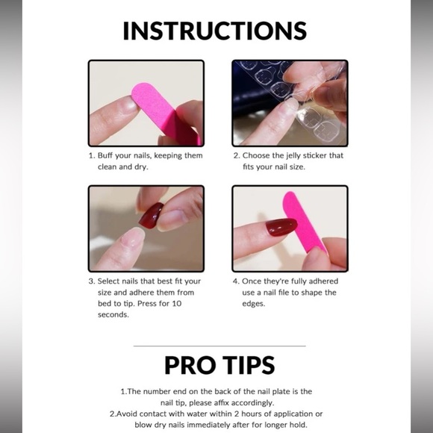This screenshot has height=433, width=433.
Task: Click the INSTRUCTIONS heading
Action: click(215, 31)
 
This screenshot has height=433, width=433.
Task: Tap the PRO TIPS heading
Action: click(219, 365)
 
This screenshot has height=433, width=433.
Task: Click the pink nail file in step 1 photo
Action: click(161, 112)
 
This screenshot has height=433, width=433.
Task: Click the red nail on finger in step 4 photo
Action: click(281, 228)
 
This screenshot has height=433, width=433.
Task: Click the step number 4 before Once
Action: click(235, 281)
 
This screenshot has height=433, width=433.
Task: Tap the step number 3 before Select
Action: click(91, 281)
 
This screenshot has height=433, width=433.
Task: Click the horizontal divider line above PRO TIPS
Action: click(219, 346)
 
